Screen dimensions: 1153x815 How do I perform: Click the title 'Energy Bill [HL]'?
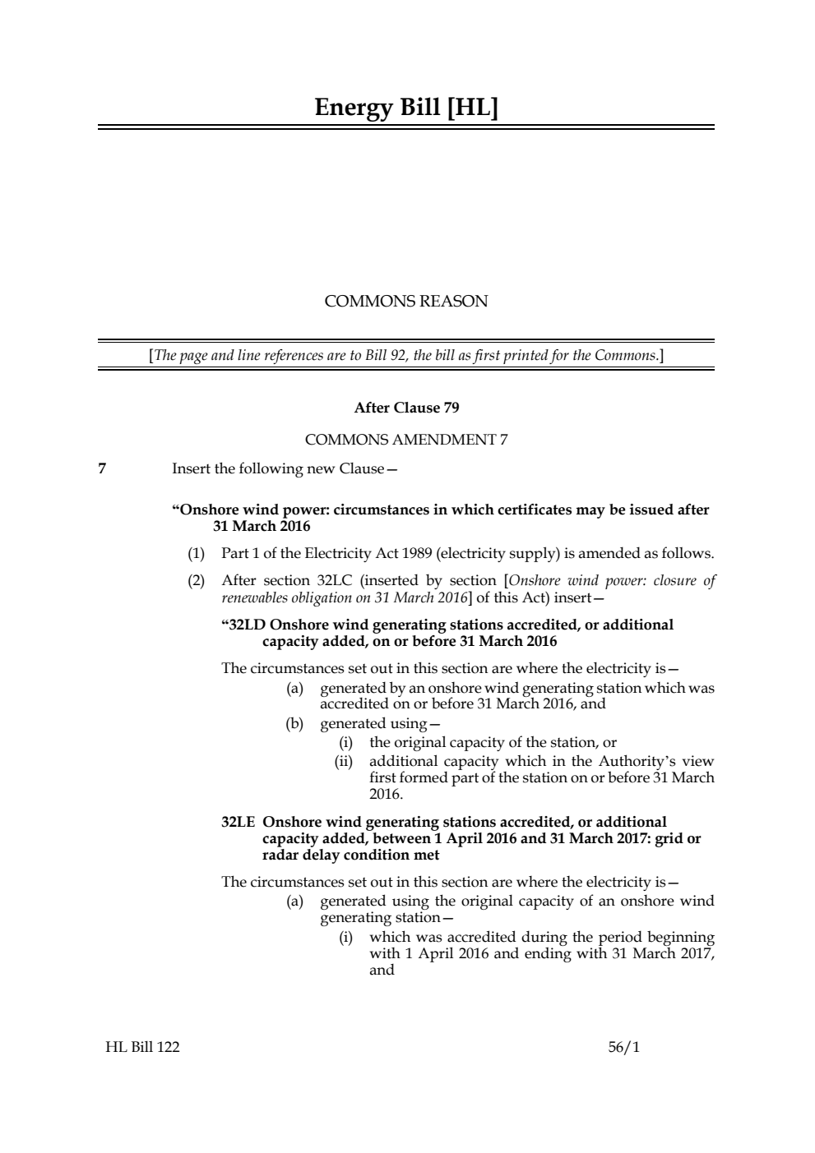(x=406, y=108)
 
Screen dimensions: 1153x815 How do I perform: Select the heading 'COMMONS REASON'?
(x=406, y=301)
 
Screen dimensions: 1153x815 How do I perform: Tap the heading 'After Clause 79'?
(x=406, y=408)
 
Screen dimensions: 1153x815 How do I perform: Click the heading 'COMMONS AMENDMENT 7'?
(x=406, y=440)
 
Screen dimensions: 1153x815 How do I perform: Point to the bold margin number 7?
(x=102, y=469)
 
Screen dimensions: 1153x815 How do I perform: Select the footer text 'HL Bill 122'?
(x=142, y=1047)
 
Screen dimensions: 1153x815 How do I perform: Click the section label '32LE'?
(x=238, y=822)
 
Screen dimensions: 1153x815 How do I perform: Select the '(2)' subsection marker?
(x=197, y=580)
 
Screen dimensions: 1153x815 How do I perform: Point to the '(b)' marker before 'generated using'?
(x=294, y=723)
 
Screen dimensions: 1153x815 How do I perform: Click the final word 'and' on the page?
(x=382, y=970)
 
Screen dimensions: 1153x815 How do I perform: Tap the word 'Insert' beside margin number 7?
(x=192, y=469)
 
